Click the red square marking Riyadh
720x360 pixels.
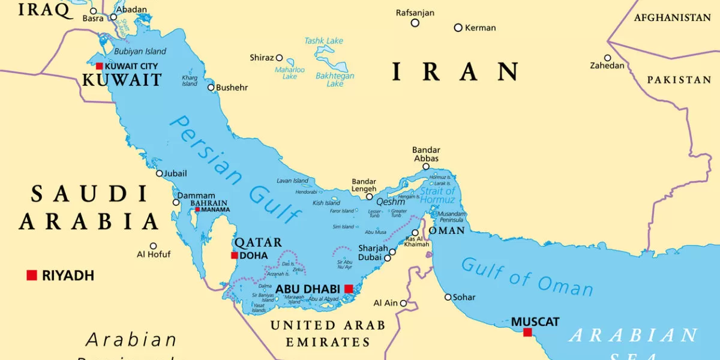(32, 275)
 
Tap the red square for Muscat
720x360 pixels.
(527, 332)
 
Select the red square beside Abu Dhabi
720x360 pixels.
(349, 289)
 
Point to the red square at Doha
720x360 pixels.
(235, 256)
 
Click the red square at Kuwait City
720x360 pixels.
(100, 66)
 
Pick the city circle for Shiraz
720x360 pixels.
(279, 58)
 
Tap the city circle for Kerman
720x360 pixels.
(458, 28)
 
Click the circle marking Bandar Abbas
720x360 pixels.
(426, 167)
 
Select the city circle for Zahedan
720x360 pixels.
(607, 58)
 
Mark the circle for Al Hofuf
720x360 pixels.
(153, 246)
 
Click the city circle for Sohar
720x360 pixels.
(448, 297)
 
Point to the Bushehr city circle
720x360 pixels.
(211, 88)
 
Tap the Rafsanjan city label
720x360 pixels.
(415, 13)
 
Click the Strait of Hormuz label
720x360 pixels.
(437, 196)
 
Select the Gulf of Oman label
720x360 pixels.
(527, 277)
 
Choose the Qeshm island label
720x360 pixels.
(391, 202)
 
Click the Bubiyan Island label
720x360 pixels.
(140, 52)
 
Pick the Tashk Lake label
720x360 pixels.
(323, 41)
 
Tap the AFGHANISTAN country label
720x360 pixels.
(672, 18)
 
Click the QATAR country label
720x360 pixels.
(257, 242)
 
